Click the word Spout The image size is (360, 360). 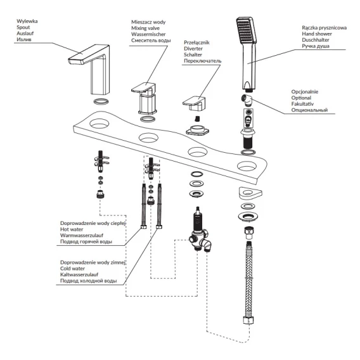point(23,27)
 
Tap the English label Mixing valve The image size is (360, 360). point(145,29)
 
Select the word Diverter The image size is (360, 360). point(193,49)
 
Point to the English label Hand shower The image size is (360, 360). point(317,34)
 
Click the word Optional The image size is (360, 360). point(301,98)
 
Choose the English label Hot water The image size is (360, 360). point(72,229)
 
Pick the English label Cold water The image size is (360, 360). point(72,269)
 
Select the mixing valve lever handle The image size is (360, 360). point(143,87)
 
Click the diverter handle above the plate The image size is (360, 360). point(194,103)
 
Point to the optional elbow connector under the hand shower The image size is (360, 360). point(247,100)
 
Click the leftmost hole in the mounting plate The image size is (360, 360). point(99,124)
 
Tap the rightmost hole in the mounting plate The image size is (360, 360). point(247,166)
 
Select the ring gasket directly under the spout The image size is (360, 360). point(101,101)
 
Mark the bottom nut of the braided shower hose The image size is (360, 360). point(248,320)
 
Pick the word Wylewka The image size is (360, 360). point(27,21)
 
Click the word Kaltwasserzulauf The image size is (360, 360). point(79,274)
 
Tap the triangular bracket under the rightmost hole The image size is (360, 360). point(250,193)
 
